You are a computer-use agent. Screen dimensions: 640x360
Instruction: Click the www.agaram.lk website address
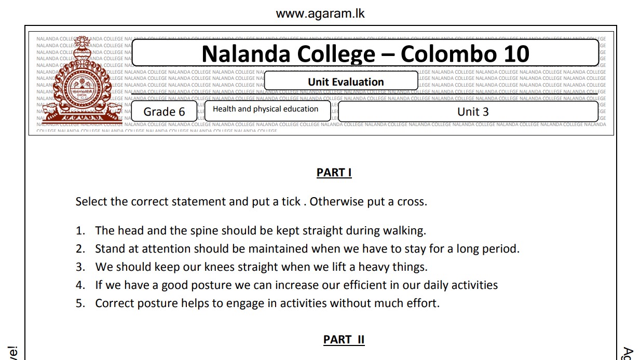point(320,13)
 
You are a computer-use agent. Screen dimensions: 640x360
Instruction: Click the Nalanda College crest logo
point(83,83)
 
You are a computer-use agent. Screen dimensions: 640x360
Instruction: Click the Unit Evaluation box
point(346,82)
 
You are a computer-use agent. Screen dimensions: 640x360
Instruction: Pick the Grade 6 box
point(164,112)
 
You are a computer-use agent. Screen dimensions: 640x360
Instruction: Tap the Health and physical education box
point(265,109)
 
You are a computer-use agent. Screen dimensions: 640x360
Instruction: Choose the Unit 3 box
point(472,112)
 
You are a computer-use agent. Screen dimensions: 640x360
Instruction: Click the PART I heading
point(334,173)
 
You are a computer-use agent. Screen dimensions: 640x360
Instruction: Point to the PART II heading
point(344,340)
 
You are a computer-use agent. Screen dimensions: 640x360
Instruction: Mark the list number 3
point(80,267)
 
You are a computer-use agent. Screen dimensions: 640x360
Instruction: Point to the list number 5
point(80,303)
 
